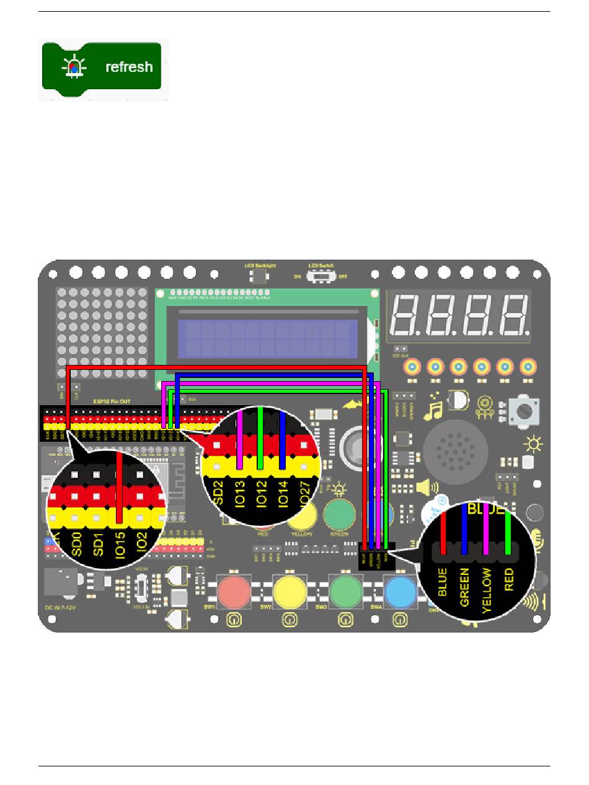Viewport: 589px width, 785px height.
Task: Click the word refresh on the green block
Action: click(129, 67)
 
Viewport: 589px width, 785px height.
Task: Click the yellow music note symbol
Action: click(433, 410)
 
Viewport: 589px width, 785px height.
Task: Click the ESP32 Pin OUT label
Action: click(112, 401)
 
